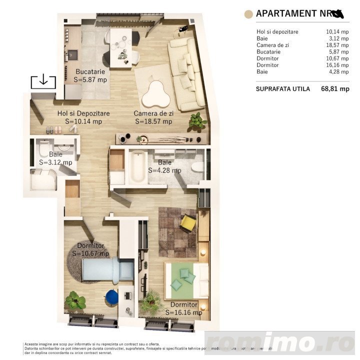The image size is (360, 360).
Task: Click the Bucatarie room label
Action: point(90,71)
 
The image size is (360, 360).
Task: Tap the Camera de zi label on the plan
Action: point(153,113)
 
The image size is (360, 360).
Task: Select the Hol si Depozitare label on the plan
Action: point(83,113)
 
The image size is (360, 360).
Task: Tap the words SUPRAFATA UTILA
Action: point(282,89)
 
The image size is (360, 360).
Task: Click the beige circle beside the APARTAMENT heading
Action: point(247,14)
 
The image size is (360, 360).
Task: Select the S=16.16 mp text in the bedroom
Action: point(184,313)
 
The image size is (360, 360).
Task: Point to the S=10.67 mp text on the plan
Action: point(90,253)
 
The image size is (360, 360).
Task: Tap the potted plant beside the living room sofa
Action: point(197,120)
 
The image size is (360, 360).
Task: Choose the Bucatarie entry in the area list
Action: point(268,52)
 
